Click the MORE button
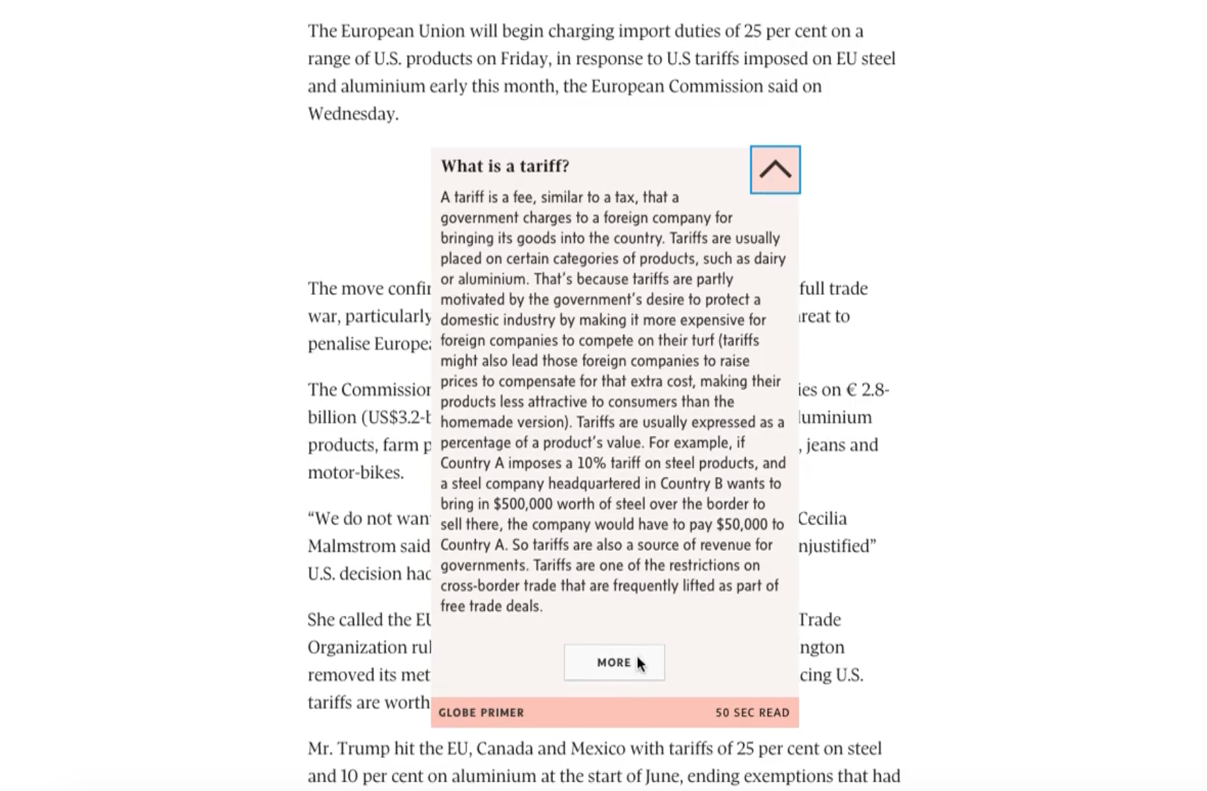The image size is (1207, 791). (x=614, y=663)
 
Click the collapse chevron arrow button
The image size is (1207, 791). (x=775, y=170)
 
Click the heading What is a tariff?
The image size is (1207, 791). (x=505, y=166)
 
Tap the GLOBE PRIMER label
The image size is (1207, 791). (x=481, y=713)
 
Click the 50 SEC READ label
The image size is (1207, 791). (x=752, y=713)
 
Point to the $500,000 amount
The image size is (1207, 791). (x=523, y=504)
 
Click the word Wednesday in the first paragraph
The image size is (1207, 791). (x=352, y=114)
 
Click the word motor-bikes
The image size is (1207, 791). (x=355, y=473)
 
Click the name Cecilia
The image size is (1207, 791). (x=823, y=519)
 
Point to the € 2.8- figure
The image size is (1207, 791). (x=868, y=390)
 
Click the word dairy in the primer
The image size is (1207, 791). (x=770, y=259)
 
